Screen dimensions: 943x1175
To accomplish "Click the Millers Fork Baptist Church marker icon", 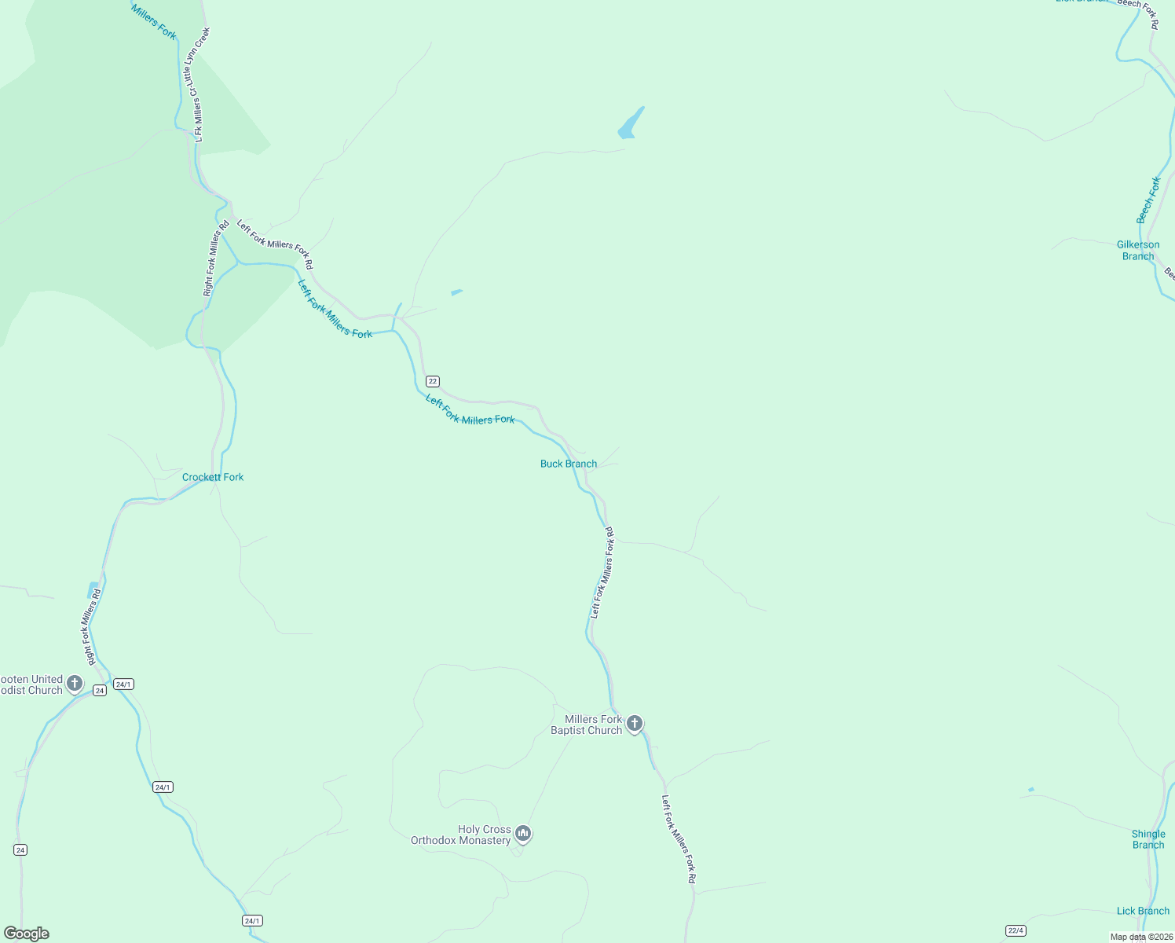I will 635,723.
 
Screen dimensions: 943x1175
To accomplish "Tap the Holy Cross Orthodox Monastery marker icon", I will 523,833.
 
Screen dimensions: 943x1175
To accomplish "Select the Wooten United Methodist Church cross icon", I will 75,683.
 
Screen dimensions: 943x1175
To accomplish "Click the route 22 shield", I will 433,381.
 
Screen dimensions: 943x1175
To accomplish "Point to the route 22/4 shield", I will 1016,930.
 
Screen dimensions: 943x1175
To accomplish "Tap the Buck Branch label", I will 569,464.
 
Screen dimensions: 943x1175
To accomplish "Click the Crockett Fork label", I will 213,477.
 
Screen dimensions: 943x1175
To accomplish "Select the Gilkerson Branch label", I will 1138,250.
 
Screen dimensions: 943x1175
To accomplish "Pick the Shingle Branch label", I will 1148,839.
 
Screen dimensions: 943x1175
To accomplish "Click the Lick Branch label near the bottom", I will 1143,911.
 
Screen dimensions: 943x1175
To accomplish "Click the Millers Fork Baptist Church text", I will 587,725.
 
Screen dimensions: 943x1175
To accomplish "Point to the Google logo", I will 27,934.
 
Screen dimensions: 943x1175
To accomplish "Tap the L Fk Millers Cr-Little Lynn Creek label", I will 196,84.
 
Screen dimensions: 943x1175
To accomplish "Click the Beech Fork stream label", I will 1148,200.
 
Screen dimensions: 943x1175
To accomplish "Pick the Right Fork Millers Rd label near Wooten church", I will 91,626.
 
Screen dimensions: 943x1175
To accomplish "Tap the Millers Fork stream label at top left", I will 154,21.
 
